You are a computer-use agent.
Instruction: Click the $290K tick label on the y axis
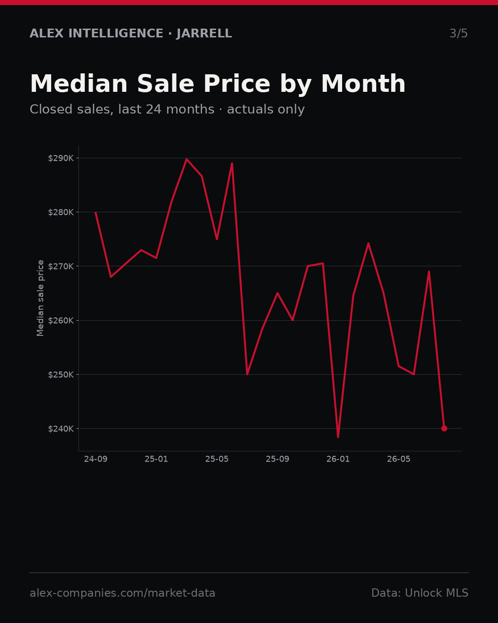click(61, 158)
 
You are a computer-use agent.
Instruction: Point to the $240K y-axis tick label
click(61, 429)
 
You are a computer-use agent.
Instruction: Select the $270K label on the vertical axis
click(61, 266)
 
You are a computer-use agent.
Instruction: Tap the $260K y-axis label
click(61, 320)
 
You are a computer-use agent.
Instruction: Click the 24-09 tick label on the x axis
click(95, 459)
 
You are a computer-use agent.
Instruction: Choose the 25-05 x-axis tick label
click(217, 459)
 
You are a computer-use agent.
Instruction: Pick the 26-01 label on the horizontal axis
click(338, 459)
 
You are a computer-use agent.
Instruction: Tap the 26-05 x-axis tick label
click(399, 459)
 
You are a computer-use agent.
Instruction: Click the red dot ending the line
click(444, 428)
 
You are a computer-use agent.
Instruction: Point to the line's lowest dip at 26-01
click(338, 437)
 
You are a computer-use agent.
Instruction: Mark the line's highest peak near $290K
click(187, 159)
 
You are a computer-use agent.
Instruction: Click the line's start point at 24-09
click(95, 212)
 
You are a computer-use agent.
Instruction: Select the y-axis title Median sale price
click(40, 298)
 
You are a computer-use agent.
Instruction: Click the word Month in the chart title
click(363, 84)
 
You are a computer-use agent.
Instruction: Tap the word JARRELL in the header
click(204, 33)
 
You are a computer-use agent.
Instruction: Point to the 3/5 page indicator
click(459, 33)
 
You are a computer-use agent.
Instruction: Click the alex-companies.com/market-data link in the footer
click(122, 593)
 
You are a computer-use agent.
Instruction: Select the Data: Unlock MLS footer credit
click(420, 593)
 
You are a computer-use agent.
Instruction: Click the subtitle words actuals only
click(266, 109)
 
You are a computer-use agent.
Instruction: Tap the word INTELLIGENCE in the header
click(116, 33)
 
